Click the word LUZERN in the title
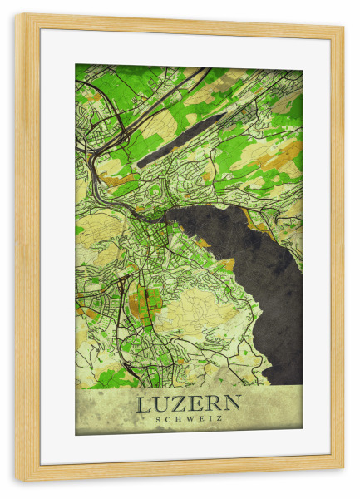pos(189,404)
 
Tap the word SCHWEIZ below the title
pos(189,419)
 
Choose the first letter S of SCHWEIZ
pos(158,419)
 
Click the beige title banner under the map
pos(189,411)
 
